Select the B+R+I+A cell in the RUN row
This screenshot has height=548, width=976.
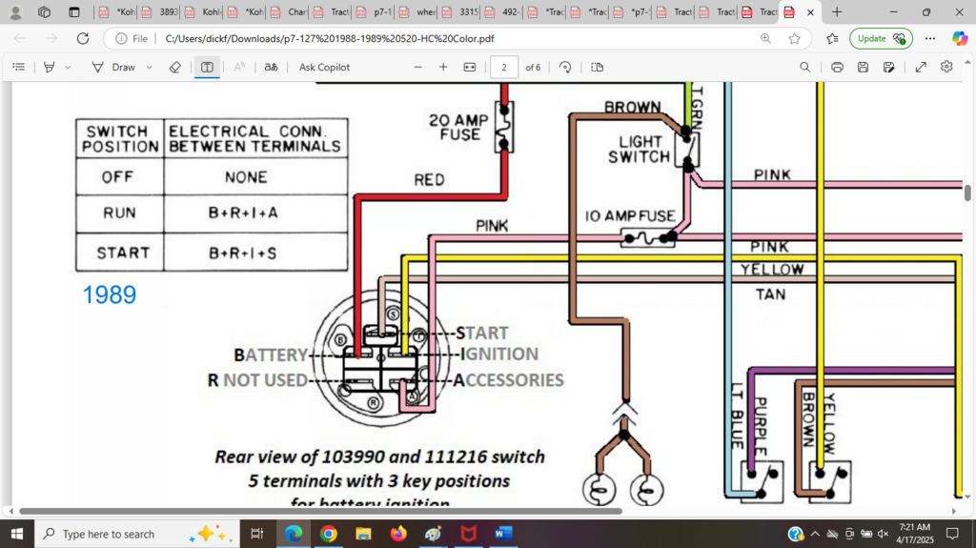(243, 213)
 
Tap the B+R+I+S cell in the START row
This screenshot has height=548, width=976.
(243, 254)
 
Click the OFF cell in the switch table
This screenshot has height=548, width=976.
(119, 177)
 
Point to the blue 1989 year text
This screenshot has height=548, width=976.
(109, 295)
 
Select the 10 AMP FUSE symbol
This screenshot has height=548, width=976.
(647, 237)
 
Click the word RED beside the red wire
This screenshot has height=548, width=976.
(429, 179)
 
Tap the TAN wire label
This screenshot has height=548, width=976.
(770, 294)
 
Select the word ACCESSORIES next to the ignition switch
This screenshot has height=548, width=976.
(508, 380)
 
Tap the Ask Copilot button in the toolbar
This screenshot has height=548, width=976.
(324, 68)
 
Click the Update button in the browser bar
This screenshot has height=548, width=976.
(881, 38)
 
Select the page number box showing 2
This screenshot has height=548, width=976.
(503, 68)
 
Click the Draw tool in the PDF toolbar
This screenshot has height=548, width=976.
(113, 68)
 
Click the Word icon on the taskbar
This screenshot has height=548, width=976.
(503, 534)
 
